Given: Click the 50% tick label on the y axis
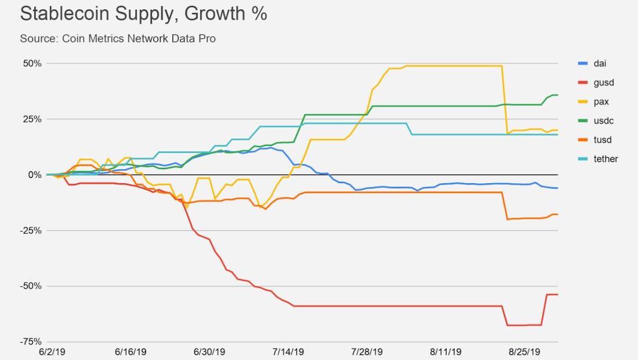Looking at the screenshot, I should [32, 63].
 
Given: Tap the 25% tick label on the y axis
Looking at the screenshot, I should [32, 119].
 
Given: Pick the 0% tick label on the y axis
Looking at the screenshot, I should [35, 174].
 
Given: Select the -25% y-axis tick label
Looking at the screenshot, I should [31, 230].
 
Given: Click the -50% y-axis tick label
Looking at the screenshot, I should [31, 286].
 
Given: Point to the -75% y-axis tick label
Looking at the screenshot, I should [31, 341].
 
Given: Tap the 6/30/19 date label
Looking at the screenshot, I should [209, 352].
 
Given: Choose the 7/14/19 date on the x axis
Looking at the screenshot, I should [288, 352].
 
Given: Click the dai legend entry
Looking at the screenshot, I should [600, 63].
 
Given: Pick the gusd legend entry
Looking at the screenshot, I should [603, 82].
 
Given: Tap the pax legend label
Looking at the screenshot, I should [601, 101].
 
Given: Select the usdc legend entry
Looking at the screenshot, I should [603, 121].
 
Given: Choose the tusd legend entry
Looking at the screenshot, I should [603, 140].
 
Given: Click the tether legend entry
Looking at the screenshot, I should [606, 159].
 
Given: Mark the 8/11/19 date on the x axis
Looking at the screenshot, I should [446, 352].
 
